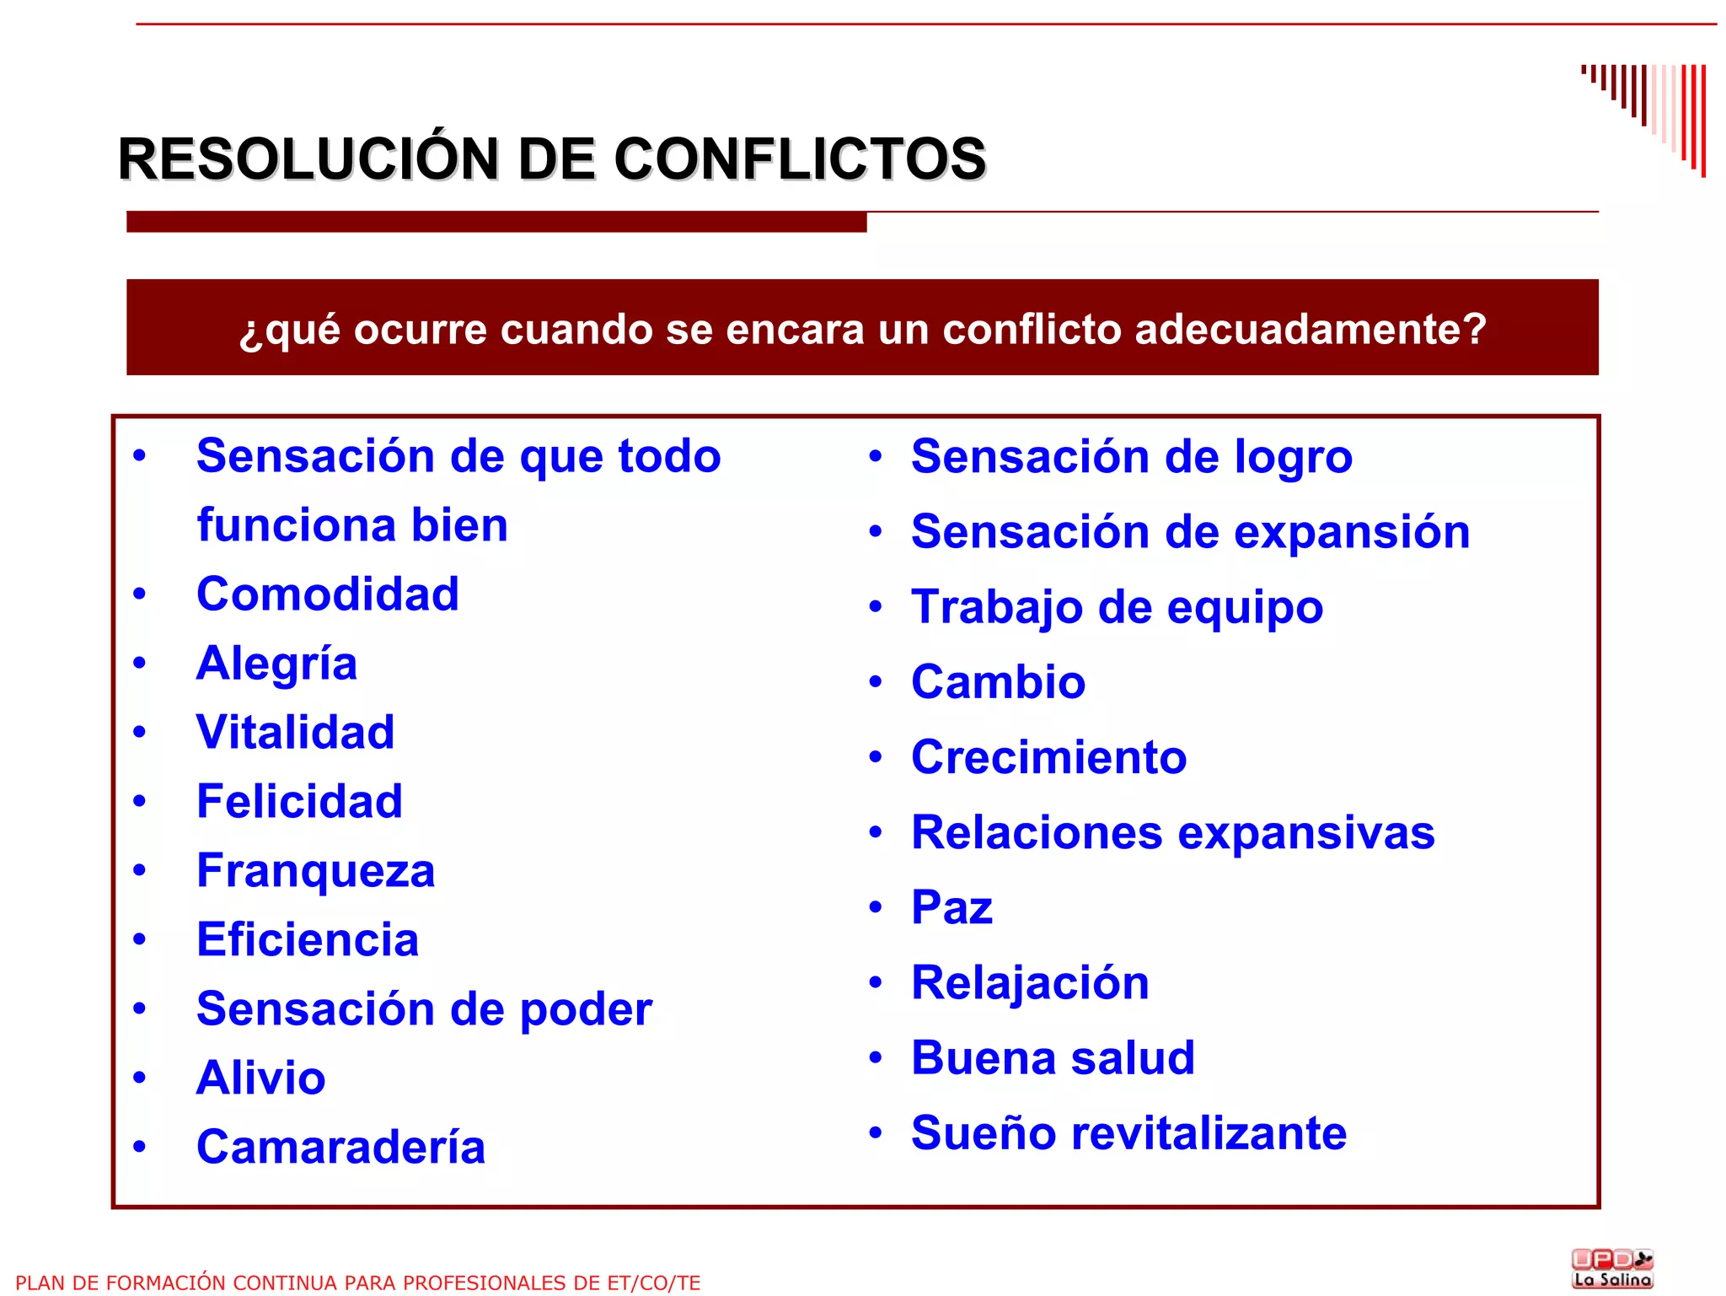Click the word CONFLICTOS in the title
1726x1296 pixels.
pyautogui.click(x=799, y=159)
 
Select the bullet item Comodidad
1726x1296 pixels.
pyautogui.click(x=328, y=594)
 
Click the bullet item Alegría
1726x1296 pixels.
pyautogui.click(x=276, y=664)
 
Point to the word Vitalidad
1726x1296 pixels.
pyautogui.click(x=295, y=732)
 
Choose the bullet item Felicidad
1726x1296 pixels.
pyautogui.click(x=299, y=801)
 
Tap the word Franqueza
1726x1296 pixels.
pyautogui.click(x=315, y=870)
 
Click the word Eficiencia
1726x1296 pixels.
pyautogui.click(x=308, y=939)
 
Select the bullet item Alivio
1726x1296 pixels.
pyautogui.click(x=260, y=1078)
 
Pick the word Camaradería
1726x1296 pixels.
pyautogui.click(x=340, y=1147)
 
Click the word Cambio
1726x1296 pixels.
pyautogui.click(x=998, y=681)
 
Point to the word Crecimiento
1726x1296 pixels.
pyautogui.click(x=1048, y=756)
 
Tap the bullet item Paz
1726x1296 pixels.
pyautogui.click(x=951, y=907)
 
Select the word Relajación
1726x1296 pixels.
pyautogui.click(x=1030, y=982)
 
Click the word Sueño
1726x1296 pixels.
pyautogui.click(x=983, y=1132)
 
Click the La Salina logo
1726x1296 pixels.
pyautogui.click(x=1612, y=1269)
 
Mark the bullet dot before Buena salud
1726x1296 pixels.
pyautogui.click(x=876, y=1057)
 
